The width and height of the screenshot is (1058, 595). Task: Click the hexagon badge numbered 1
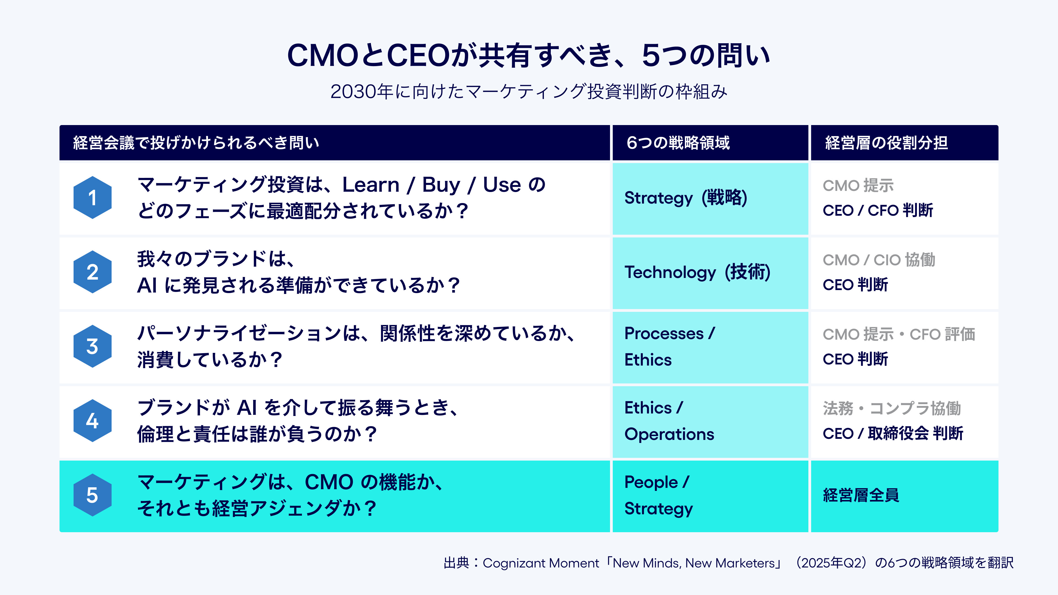click(x=92, y=198)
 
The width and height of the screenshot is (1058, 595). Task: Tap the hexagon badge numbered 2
click(x=92, y=272)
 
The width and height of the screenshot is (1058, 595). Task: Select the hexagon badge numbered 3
click(x=92, y=346)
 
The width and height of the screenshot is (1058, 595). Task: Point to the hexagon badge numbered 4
click(x=92, y=420)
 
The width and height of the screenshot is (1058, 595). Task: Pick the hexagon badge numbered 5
click(x=92, y=495)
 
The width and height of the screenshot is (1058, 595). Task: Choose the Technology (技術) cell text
click(x=697, y=272)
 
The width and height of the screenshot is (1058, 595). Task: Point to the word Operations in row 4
click(x=669, y=434)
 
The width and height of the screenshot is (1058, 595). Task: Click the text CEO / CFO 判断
click(x=878, y=210)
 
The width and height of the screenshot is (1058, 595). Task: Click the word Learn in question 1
click(x=371, y=185)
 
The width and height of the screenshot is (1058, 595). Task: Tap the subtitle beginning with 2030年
click(x=529, y=91)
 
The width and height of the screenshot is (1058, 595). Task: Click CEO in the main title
click(x=418, y=55)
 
